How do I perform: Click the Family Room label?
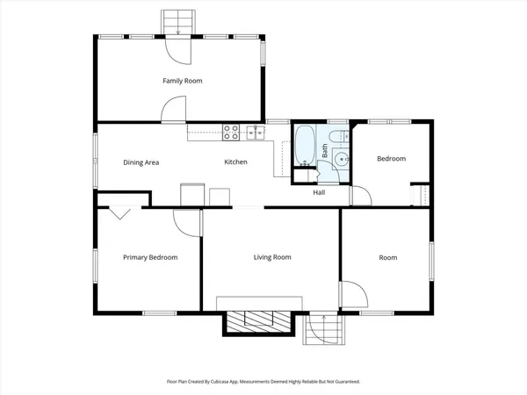(x=182, y=81)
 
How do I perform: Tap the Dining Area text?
(x=141, y=162)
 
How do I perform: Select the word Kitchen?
(x=235, y=162)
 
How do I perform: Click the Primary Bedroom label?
(x=150, y=257)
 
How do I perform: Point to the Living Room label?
(x=272, y=257)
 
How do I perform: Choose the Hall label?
(x=320, y=193)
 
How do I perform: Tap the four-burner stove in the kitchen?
(x=232, y=133)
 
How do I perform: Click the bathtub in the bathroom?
(x=305, y=146)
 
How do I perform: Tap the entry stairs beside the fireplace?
(x=322, y=330)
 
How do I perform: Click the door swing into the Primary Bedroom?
(x=184, y=222)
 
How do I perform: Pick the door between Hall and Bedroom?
(x=360, y=196)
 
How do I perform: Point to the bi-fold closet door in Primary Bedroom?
(x=120, y=213)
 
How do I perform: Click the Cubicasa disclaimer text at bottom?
(x=263, y=382)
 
